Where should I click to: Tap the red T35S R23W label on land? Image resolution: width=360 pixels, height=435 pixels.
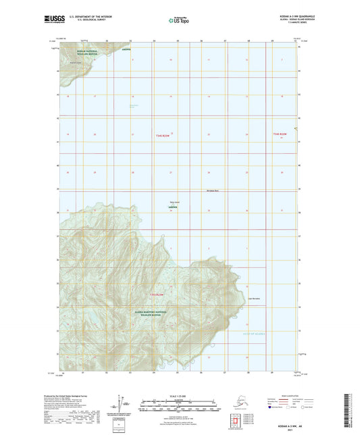click(157, 295)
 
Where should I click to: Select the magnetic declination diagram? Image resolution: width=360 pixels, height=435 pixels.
click(121, 405)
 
